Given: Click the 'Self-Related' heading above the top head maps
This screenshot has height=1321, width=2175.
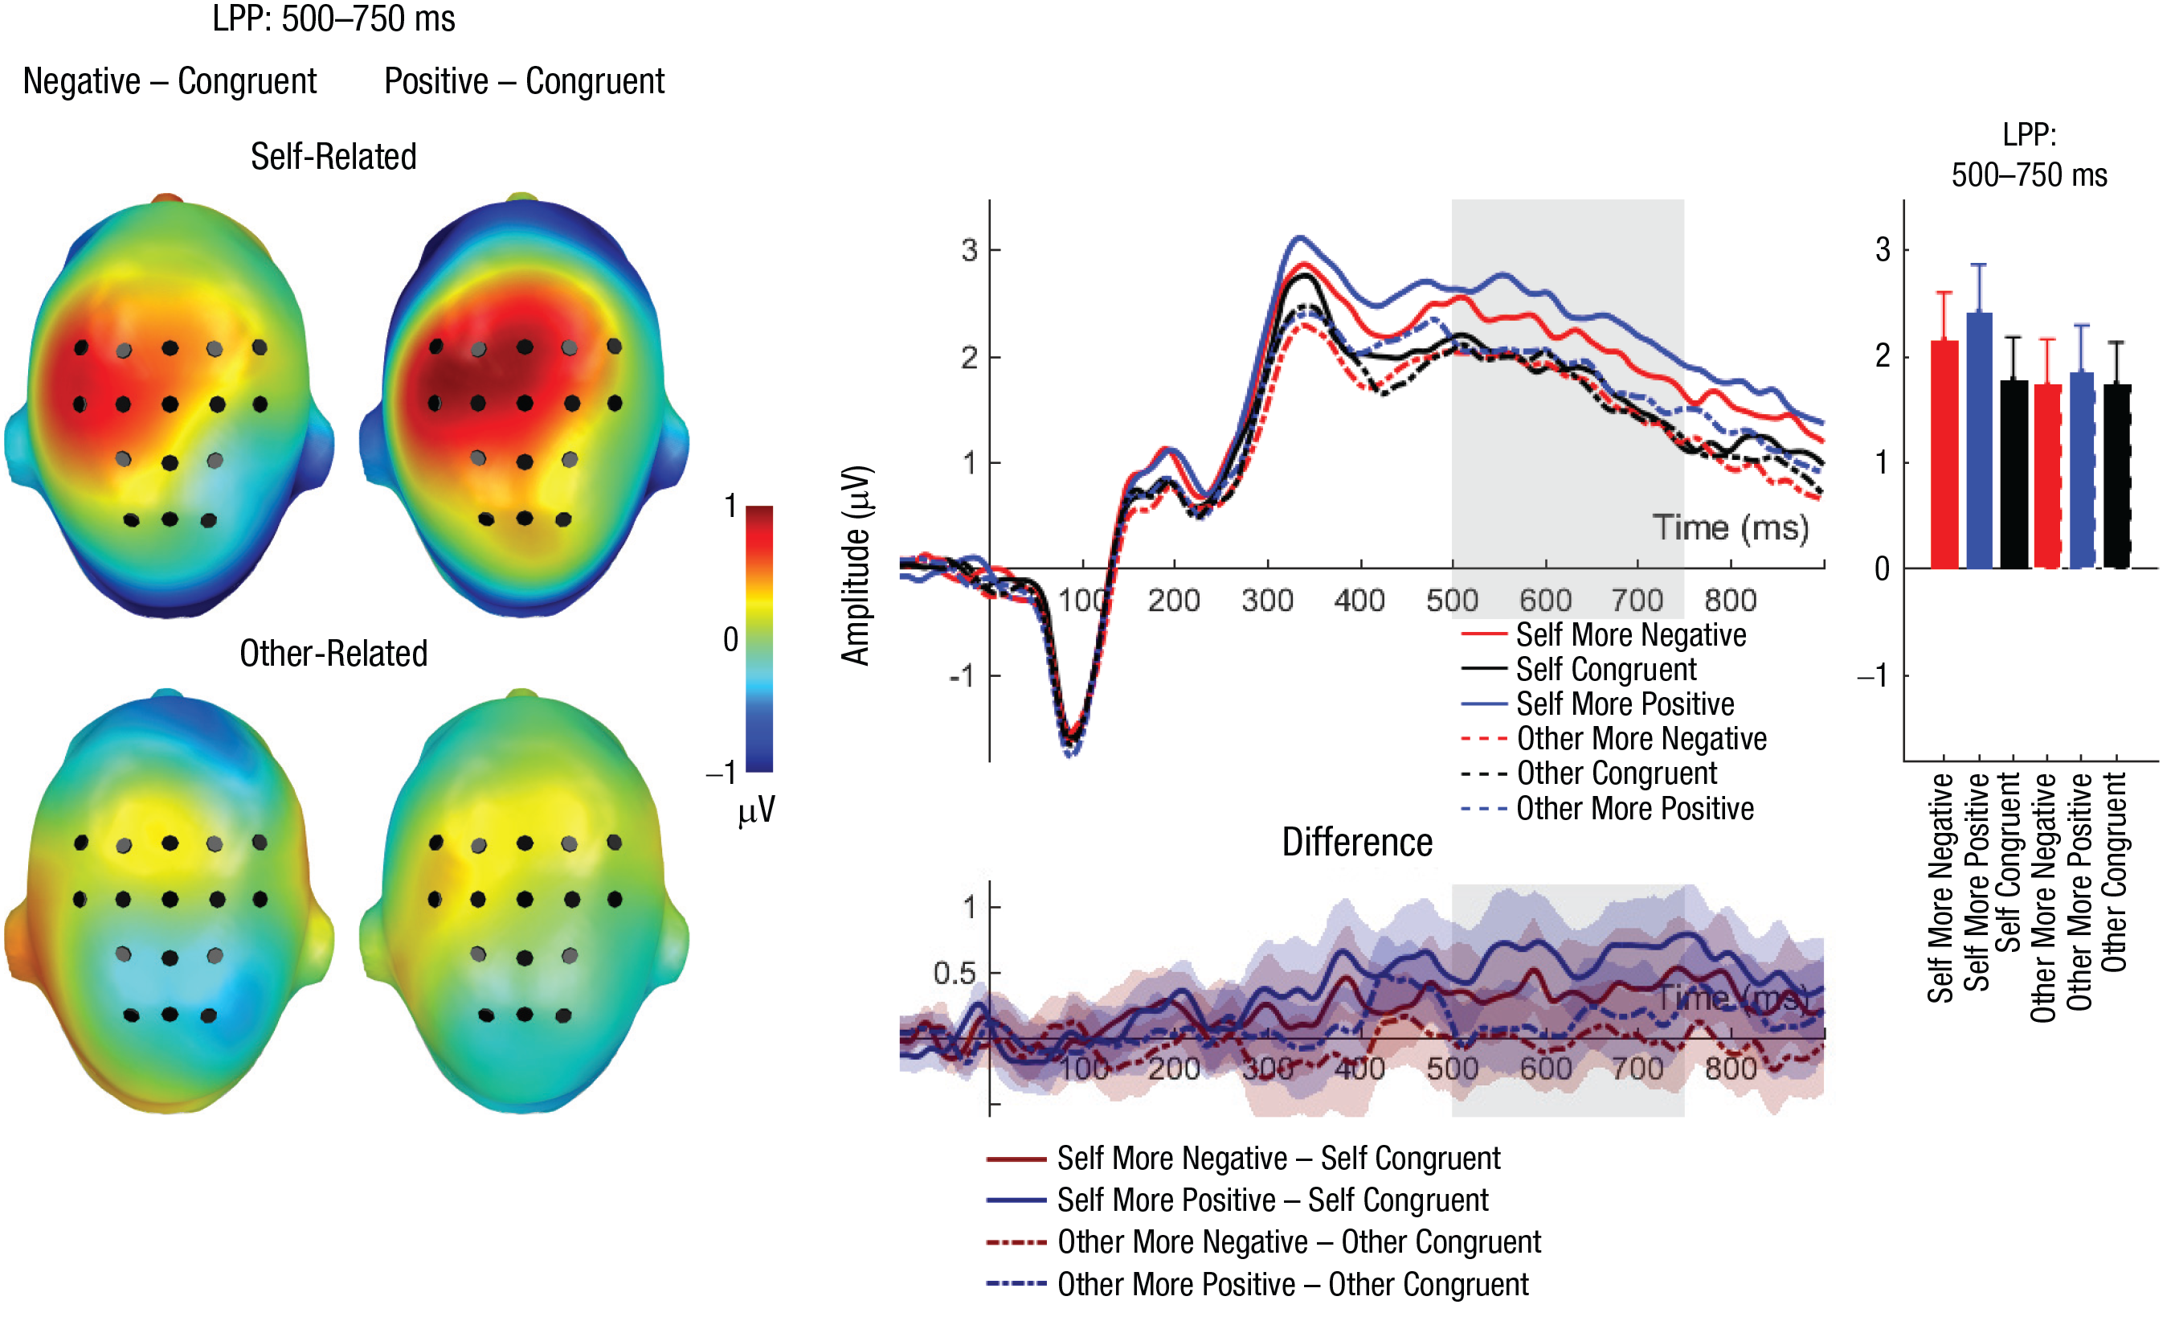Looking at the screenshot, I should click(x=333, y=156).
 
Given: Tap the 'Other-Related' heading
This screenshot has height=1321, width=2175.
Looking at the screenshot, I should click(x=333, y=654).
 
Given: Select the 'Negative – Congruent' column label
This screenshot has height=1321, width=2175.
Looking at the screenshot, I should click(x=170, y=81).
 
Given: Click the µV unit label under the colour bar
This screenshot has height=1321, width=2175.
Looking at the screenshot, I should click(x=757, y=810).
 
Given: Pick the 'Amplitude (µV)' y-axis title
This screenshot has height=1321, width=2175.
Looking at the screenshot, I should click(x=856, y=565).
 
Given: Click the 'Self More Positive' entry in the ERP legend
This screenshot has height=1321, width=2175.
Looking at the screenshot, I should click(x=1624, y=704).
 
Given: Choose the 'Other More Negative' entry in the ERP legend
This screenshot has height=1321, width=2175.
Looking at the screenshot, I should click(x=1641, y=738).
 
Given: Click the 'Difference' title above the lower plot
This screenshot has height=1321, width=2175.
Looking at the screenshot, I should click(x=1357, y=843).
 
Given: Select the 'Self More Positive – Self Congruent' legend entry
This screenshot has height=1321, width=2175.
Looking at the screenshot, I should click(x=1272, y=1200).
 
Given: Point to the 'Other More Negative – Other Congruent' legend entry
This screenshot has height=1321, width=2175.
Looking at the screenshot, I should click(x=1298, y=1242).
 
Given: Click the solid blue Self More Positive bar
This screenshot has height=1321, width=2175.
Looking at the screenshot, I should click(x=1979, y=441).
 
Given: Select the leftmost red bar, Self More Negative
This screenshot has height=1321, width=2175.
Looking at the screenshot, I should click(x=1944, y=455).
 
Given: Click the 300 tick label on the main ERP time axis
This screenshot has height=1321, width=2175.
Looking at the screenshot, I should click(x=1267, y=601).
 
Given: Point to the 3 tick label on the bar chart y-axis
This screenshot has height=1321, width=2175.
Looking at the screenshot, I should click(x=1883, y=250).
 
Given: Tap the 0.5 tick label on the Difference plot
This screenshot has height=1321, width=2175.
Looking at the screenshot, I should click(x=955, y=973).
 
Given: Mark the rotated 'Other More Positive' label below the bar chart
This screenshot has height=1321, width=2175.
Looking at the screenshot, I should click(x=2080, y=892).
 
